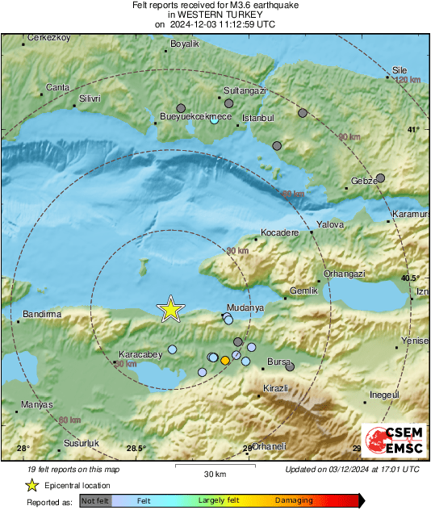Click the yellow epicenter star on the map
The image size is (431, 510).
[170, 309]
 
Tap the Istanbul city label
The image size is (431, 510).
[259, 118]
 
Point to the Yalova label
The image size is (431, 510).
[330, 224]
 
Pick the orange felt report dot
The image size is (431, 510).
[225, 361]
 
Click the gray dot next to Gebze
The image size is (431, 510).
[381, 178]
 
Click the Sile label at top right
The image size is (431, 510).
[400, 69]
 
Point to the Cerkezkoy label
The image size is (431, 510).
[49, 38]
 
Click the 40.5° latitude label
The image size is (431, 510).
[410, 277]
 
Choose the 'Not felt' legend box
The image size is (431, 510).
[95, 500]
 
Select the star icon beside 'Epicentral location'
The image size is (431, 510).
[31, 485]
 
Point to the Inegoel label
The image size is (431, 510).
[383, 395]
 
